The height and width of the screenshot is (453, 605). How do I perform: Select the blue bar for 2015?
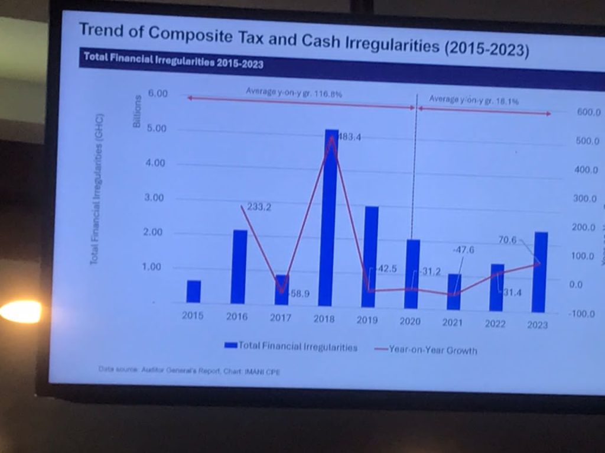pyautogui.click(x=194, y=292)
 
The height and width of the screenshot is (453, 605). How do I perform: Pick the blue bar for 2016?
pyautogui.click(x=239, y=266)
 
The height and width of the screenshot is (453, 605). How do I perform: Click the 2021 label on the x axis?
pyautogui.click(x=453, y=322)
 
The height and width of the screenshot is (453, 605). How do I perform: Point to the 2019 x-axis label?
pyautogui.click(x=367, y=319)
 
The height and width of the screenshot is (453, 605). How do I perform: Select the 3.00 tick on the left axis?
pyautogui.click(x=155, y=198)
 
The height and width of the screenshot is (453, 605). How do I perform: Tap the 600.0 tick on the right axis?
pyautogui.click(x=588, y=112)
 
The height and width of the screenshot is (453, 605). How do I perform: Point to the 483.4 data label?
pyautogui.click(x=349, y=137)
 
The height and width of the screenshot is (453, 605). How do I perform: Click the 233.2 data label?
pyautogui.click(x=259, y=207)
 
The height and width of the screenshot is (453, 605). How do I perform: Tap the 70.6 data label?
pyautogui.click(x=507, y=240)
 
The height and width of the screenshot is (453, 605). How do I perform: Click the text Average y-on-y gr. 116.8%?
pyautogui.click(x=294, y=93)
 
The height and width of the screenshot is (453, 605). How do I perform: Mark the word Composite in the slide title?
pyautogui.click(x=190, y=34)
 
